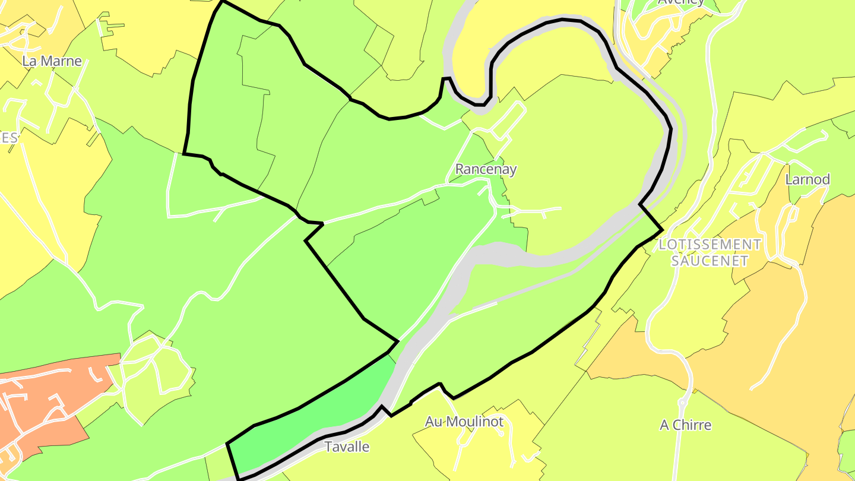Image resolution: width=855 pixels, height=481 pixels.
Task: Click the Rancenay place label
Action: point(486,169)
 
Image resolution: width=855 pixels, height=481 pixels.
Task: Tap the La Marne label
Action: point(52,61)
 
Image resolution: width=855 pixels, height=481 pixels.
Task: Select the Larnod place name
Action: point(807,179)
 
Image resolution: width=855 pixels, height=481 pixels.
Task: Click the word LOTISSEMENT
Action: point(710,245)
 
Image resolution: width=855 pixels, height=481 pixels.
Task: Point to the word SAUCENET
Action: point(709,260)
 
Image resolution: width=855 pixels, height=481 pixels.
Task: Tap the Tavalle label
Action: point(347,447)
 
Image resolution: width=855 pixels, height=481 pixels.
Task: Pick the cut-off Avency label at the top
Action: point(681,2)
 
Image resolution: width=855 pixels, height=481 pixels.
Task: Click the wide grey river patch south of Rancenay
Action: point(499,255)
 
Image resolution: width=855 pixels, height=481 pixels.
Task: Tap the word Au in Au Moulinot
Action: point(434,422)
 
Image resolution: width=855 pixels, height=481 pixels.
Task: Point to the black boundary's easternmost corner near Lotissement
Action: point(662,229)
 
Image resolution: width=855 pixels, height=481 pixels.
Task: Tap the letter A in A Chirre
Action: point(665,425)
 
